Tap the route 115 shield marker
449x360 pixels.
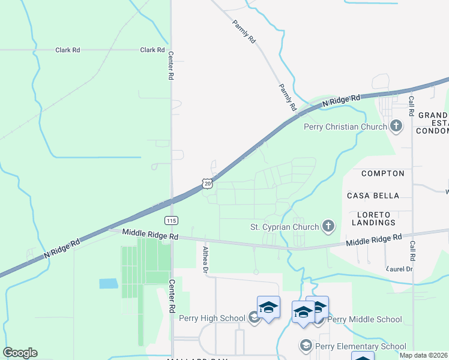coord(171,220)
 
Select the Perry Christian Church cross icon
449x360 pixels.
coord(396,127)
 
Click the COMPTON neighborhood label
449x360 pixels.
coord(382,173)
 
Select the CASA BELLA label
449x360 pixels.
coord(373,196)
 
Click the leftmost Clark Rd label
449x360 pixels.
coord(67,50)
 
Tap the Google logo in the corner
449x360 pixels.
coord(20,353)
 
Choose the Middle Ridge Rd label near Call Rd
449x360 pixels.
coord(373,239)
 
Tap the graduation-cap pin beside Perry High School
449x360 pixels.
coord(268,308)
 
